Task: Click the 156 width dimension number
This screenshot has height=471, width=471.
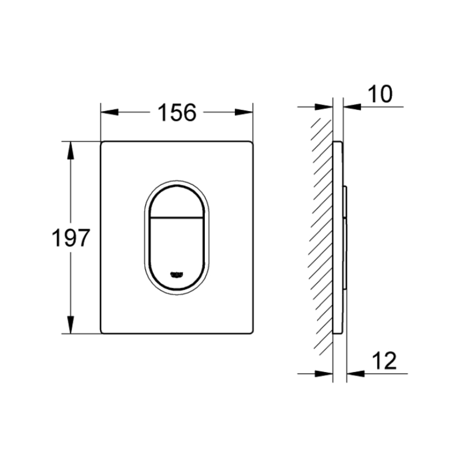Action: [177, 113]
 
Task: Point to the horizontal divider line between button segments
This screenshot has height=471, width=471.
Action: [177, 217]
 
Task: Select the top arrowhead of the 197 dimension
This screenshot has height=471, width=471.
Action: [71, 150]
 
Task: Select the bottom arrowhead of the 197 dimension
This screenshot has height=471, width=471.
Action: [71, 325]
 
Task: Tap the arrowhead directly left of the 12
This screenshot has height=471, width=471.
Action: [355, 374]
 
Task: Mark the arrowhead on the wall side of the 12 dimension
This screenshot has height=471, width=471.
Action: [324, 374]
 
